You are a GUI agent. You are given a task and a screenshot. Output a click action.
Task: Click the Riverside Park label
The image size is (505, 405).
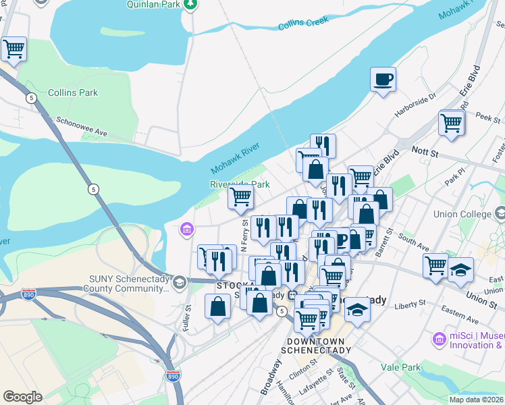click(x=240, y=184)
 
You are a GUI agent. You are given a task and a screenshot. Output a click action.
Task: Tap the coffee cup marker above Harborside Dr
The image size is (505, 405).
click(x=383, y=80)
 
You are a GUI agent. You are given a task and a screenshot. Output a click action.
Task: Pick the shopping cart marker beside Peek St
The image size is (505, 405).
click(x=451, y=124)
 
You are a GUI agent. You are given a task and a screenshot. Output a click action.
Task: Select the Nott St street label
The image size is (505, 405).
click(x=426, y=155)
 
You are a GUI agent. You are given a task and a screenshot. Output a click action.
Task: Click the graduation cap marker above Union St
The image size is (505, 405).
click(x=460, y=268)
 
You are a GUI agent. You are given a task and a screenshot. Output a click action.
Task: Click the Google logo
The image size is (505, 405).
click(x=22, y=397)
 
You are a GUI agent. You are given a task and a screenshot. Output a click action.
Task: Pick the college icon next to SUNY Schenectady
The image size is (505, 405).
click(x=180, y=281)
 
